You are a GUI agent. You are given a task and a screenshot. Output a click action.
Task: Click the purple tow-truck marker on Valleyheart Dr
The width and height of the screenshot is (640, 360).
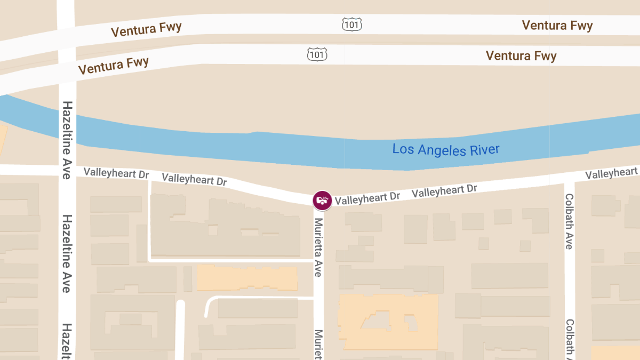click(322, 200)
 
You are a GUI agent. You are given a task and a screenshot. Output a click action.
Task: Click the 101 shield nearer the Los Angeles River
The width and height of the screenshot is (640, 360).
click(317, 54)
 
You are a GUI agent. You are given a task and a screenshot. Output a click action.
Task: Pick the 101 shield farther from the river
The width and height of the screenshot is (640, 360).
click(353, 24)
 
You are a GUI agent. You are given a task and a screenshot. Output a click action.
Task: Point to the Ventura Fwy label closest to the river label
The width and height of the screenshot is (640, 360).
click(521, 55)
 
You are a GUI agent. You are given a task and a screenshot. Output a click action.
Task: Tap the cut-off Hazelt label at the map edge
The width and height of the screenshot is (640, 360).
click(67, 340)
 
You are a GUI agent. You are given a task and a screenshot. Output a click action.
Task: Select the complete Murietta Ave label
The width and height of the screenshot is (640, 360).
click(318, 246)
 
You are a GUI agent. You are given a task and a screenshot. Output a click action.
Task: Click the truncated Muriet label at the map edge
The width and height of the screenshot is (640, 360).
click(318, 343)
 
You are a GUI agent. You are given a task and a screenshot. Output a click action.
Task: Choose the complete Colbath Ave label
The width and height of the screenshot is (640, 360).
click(569, 221)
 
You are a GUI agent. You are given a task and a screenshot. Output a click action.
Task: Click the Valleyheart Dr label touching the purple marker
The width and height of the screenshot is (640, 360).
click(367, 197)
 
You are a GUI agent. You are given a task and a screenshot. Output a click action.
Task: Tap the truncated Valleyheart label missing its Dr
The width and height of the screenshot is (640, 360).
click(611, 173)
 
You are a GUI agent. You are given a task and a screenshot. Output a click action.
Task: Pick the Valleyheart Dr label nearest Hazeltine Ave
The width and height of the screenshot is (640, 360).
click(116, 173)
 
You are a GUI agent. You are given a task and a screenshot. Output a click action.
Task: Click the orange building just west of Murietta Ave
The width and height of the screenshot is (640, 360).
click(247, 278)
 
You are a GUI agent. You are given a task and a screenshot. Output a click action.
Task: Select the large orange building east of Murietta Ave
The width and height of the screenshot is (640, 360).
click(388, 321)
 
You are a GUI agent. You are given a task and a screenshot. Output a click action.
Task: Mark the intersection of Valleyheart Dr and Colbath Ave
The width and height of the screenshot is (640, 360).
click(569, 179)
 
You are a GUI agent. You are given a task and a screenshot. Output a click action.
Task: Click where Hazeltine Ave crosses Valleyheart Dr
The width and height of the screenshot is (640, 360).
click(67, 170)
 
